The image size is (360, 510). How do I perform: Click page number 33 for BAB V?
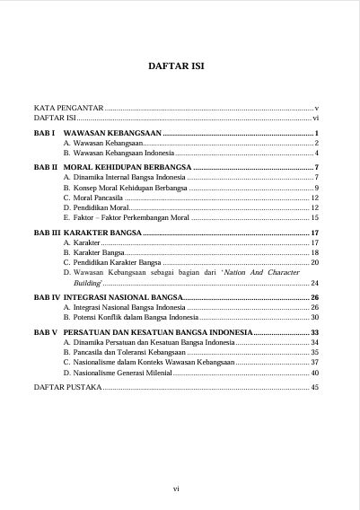pos(315,332)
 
